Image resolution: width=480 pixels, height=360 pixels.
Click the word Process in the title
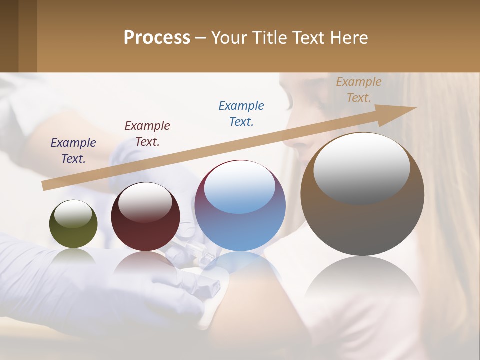click(157, 37)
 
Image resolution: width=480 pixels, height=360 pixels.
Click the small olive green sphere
click(73, 224)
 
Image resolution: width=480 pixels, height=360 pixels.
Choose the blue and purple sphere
click(240, 206)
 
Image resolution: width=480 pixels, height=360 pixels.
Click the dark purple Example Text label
click(73, 151)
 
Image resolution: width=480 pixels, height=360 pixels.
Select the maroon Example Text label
click(147, 134)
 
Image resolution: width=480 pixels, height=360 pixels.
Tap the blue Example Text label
click(241, 113)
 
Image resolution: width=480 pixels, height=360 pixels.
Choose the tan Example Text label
click(359, 90)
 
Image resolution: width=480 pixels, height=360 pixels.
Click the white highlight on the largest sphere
click(361, 167)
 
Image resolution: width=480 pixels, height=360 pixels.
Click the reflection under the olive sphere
click(73, 256)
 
